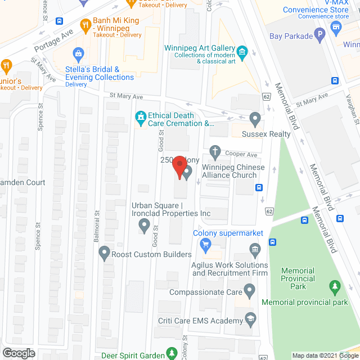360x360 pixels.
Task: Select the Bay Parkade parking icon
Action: point(320,35)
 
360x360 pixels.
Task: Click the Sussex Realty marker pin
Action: point(255,119)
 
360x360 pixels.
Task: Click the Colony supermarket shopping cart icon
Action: point(205,244)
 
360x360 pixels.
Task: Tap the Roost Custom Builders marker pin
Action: point(104,254)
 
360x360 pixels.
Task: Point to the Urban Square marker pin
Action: point(144,226)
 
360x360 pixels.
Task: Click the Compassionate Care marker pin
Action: point(250,291)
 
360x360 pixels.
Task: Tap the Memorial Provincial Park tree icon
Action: point(335,287)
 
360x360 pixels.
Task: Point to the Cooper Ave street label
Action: point(241,154)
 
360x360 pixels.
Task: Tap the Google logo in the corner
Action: point(18,353)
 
